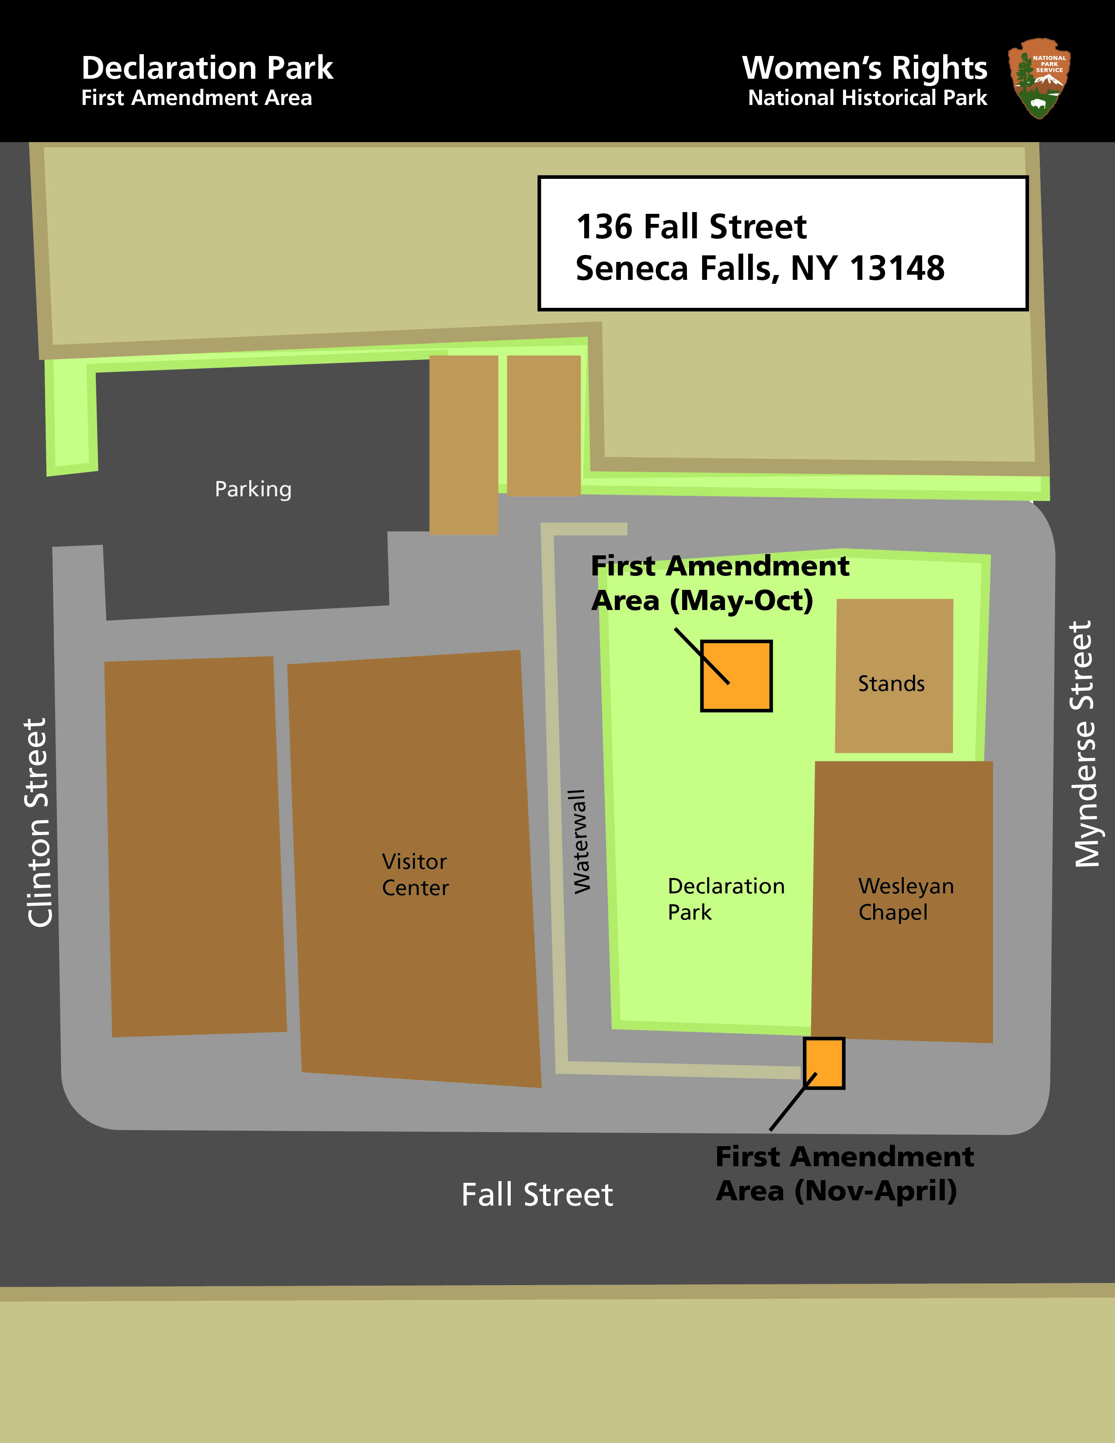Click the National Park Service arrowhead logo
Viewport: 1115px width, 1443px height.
1039,78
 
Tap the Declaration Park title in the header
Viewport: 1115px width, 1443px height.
207,68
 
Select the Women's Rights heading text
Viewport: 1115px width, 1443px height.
864,68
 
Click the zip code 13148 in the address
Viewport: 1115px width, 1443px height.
896,268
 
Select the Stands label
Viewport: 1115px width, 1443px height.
891,683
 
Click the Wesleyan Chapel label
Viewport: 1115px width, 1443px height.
906,899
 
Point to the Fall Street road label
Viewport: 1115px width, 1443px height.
537,1195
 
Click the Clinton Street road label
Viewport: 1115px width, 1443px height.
38,823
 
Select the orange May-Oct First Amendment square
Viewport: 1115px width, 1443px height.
736,676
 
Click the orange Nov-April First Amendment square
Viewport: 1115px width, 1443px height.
824,1063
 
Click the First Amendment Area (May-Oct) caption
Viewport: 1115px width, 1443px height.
719,583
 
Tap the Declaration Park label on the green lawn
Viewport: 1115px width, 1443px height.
725,899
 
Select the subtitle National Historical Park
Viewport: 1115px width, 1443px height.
867,98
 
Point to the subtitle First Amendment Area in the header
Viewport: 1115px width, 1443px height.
196,98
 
